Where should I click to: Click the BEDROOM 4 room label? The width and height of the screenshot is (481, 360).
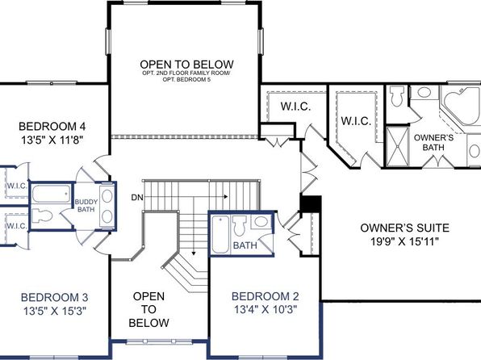click(52, 126)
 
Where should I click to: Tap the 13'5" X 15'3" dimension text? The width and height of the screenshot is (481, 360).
click(55, 311)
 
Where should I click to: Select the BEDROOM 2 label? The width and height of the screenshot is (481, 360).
click(265, 296)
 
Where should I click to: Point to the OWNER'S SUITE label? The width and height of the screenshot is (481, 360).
click(404, 228)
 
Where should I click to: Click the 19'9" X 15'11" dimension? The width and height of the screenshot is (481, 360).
click(404, 241)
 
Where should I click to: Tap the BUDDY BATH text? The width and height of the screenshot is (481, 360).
click(86, 206)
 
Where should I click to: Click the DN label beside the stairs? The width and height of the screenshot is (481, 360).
click(137, 198)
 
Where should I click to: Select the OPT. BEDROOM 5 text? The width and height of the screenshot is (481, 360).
click(186, 79)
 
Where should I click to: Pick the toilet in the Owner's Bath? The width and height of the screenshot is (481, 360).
click(397, 96)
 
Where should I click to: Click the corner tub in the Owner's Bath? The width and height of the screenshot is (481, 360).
click(461, 106)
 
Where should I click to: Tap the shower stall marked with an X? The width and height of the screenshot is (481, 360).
click(398, 146)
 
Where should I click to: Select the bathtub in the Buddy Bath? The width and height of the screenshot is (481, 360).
click(51, 194)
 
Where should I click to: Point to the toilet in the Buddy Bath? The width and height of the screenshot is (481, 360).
click(42, 216)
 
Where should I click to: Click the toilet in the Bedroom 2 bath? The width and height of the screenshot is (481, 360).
click(240, 225)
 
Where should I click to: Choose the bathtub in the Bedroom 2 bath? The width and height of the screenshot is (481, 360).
click(220, 235)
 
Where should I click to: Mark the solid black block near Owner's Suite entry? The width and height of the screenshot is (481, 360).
click(311, 203)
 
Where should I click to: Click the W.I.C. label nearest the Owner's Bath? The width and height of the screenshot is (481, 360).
click(356, 120)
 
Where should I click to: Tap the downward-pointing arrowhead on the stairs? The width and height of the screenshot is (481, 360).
click(194, 253)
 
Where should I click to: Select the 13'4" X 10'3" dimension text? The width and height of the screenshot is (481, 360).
click(266, 309)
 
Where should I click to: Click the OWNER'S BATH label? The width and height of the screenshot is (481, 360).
click(433, 142)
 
